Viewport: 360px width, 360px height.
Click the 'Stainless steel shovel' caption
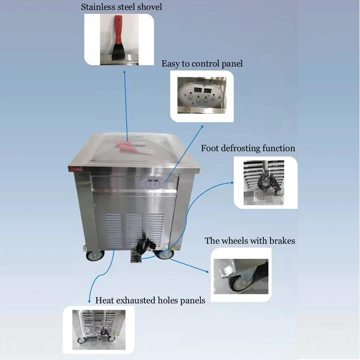click(121, 7)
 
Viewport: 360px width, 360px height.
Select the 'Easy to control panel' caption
click(202, 63)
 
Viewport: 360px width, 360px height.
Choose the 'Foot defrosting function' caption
click(248, 148)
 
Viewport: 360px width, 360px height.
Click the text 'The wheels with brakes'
click(250, 241)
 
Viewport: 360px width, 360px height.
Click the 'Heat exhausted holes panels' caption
click(150, 300)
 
